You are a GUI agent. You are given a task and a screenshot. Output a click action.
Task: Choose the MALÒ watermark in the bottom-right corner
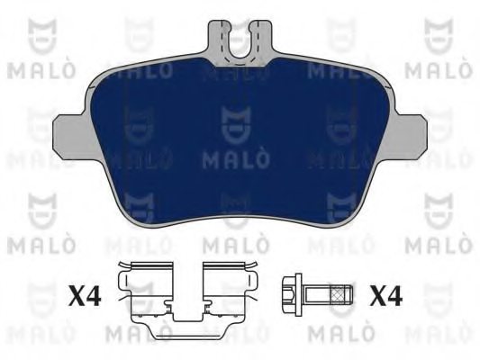(x=440, y=335)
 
